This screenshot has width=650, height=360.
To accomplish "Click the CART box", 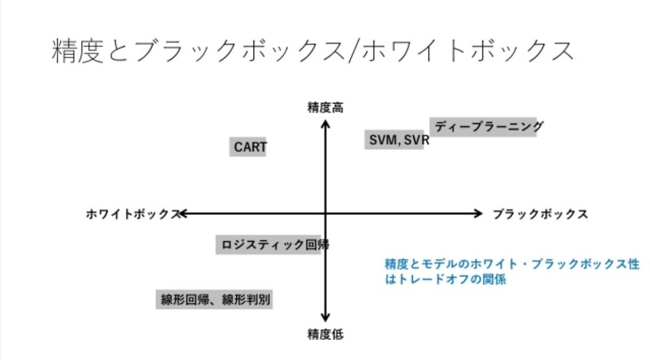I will pyautogui.click(x=250, y=147).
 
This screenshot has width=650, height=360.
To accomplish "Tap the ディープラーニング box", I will pyautogui.click(x=483, y=126).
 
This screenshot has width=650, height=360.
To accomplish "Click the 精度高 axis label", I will pyautogui.click(x=326, y=108).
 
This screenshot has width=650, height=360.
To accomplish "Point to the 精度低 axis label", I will pyautogui.click(x=326, y=334).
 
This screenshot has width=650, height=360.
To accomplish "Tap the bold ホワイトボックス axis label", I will pyautogui.click(x=132, y=214).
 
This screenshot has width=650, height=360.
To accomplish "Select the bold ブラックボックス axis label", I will pyautogui.click(x=540, y=214).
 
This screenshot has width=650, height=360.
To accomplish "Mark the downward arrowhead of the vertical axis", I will pyautogui.click(x=326, y=318).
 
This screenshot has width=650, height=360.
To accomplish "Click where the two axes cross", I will pyautogui.click(x=326, y=214).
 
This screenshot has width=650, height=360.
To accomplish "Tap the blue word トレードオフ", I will pyautogui.click(x=427, y=279).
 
